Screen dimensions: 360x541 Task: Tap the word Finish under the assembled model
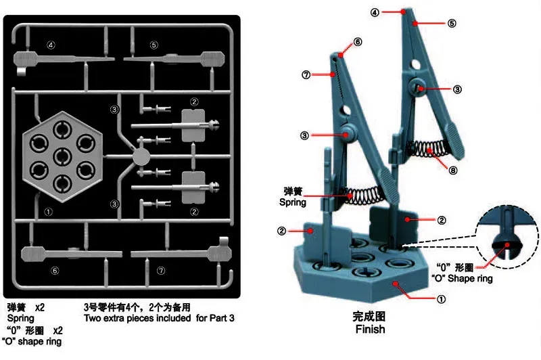[369, 330]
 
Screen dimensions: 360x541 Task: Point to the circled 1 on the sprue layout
[48, 211]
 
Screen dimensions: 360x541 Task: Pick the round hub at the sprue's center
[140, 157]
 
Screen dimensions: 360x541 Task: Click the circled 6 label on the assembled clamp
[358, 41]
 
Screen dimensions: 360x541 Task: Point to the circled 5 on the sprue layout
[154, 45]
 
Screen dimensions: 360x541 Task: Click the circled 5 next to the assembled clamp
[451, 23]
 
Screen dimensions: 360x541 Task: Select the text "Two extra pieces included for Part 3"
[159, 317]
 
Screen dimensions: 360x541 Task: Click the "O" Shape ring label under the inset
[462, 279]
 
